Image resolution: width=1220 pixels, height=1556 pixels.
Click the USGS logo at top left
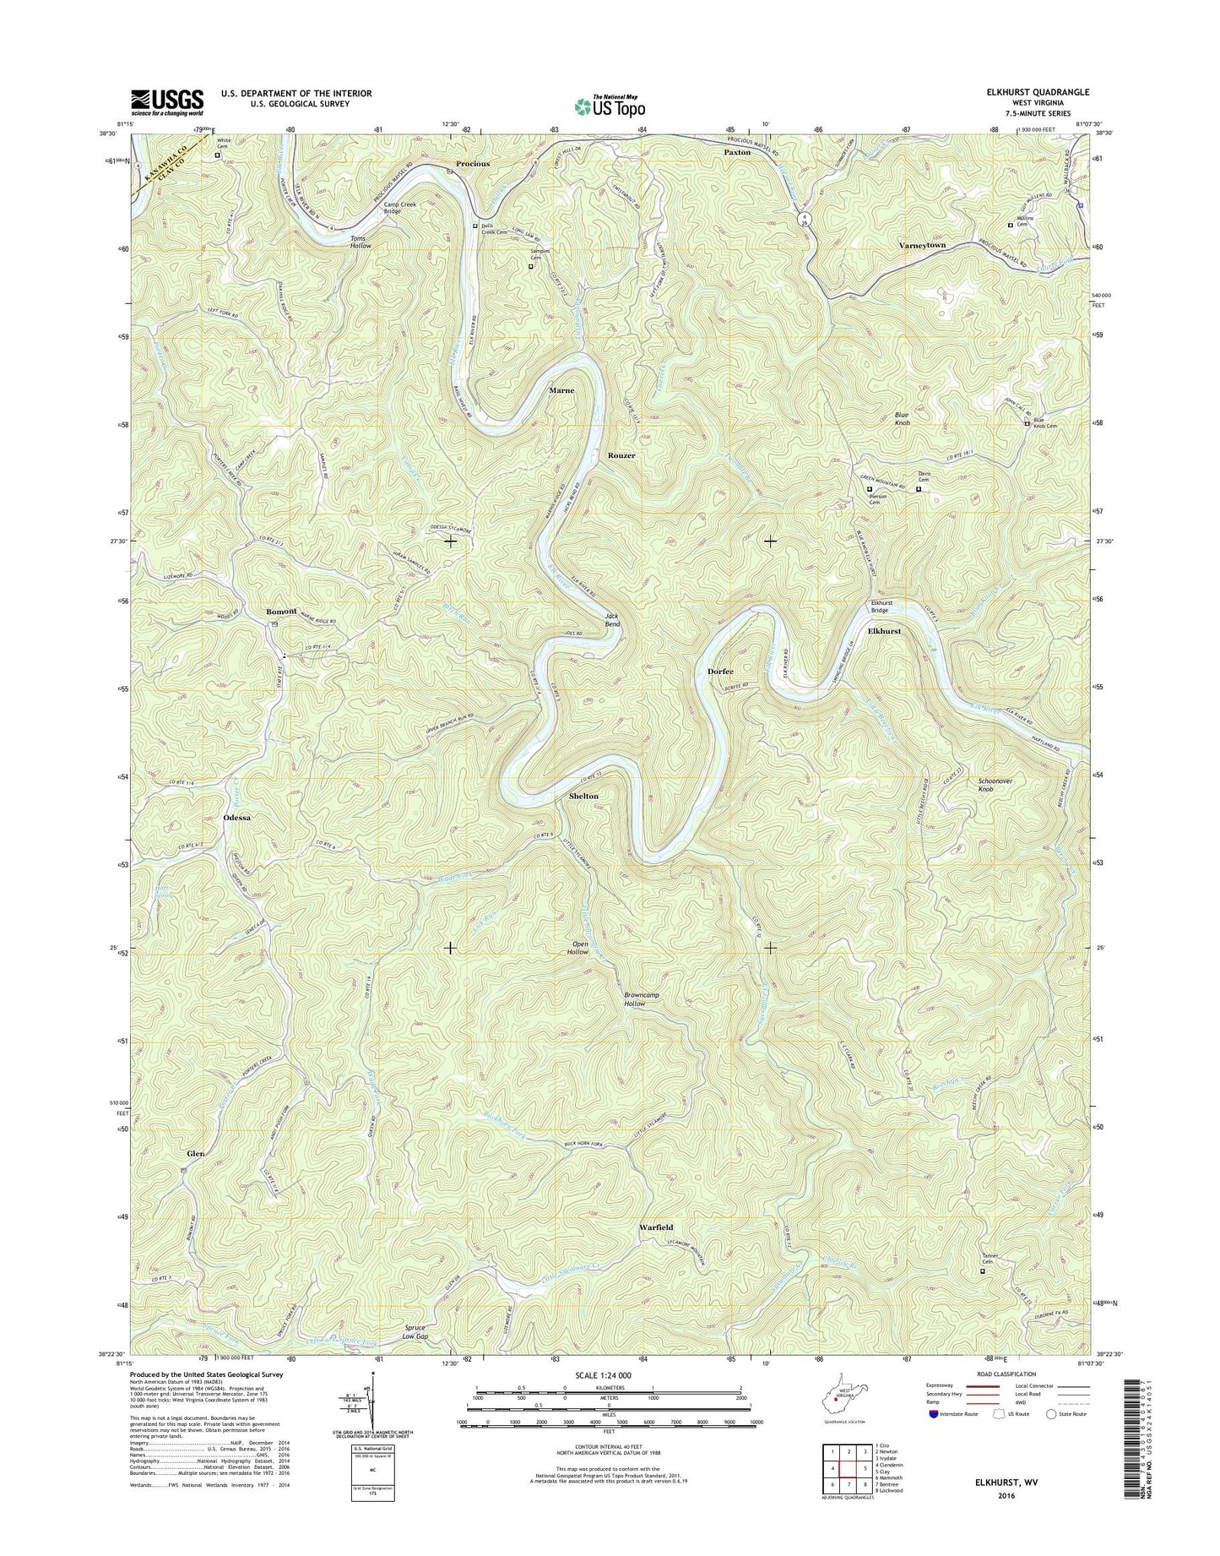(166, 102)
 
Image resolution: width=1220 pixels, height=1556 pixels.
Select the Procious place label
(472, 163)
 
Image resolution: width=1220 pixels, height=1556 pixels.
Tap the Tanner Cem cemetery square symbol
(981, 1270)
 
